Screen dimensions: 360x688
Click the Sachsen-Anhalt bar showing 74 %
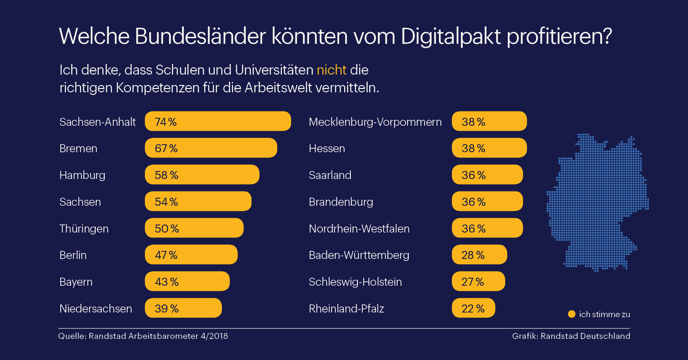click(218, 121)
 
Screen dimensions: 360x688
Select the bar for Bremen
click(211, 148)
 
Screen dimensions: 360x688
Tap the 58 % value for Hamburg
click(166, 175)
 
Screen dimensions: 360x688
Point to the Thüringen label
click(84, 229)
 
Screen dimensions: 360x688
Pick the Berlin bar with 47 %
click(191, 255)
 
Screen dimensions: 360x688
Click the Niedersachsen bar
click(183, 308)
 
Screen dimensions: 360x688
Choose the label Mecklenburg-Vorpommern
click(375, 122)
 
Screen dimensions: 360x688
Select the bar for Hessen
click(489, 148)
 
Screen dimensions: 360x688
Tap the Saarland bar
click(487, 175)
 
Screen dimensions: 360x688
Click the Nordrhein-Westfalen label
click(359, 229)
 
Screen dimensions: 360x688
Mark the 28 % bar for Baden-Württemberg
click(479, 255)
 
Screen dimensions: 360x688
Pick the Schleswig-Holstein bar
click(478, 281)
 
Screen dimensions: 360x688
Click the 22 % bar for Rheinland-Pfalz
click(473, 308)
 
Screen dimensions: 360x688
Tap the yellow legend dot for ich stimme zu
click(571, 314)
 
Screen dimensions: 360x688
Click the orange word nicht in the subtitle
click(331, 70)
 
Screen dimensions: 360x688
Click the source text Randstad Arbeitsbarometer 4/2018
click(158, 336)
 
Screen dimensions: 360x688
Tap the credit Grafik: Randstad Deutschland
click(571, 336)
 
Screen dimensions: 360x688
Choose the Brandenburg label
click(341, 202)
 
